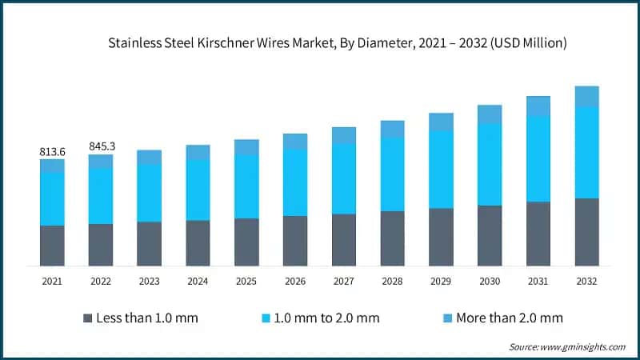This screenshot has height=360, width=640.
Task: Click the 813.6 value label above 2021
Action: (x=52, y=151)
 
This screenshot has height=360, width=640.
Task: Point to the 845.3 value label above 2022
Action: (x=101, y=146)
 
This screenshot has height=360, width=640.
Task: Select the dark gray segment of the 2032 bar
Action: (x=586, y=232)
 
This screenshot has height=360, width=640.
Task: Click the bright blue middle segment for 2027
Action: (x=344, y=178)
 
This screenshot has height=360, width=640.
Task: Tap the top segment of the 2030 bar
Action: (x=490, y=114)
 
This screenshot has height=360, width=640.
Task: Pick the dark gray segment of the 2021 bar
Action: (x=52, y=246)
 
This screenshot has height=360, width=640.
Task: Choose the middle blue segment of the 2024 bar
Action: (x=198, y=190)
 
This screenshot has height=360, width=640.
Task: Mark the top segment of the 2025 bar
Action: (x=246, y=146)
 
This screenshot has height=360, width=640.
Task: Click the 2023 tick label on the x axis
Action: (x=149, y=282)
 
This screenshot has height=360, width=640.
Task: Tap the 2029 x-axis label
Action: (x=441, y=282)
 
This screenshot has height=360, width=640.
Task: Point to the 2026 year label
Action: (x=295, y=282)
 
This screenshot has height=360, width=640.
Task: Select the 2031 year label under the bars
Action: (x=538, y=282)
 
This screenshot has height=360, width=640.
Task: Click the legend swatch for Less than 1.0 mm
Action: (x=87, y=318)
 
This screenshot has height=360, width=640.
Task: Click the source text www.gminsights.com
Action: (x=583, y=346)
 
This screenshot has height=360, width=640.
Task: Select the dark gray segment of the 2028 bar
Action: (x=392, y=238)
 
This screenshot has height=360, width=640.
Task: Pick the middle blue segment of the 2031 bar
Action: (x=538, y=158)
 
